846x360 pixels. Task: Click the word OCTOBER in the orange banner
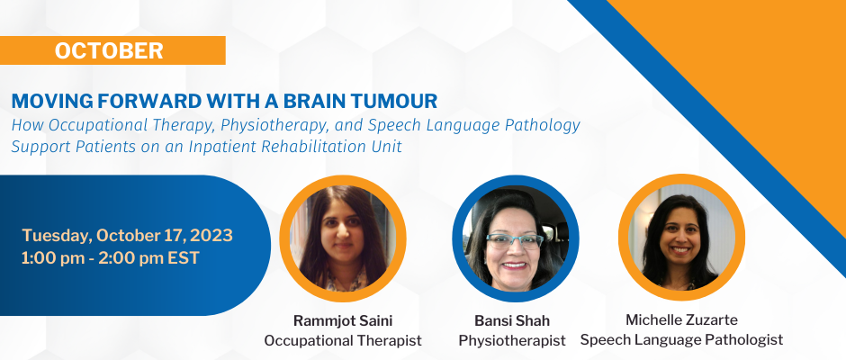(x=109, y=50)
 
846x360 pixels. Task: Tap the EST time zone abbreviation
(x=184, y=258)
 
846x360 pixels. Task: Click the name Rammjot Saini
(x=343, y=321)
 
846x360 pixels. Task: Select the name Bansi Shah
(x=512, y=321)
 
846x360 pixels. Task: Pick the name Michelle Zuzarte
(x=681, y=319)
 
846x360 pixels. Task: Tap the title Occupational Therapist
(x=343, y=341)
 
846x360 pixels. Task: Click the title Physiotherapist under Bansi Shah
(x=512, y=341)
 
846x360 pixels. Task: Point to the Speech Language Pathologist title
(x=681, y=339)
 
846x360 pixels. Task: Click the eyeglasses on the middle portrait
(x=514, y=240)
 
